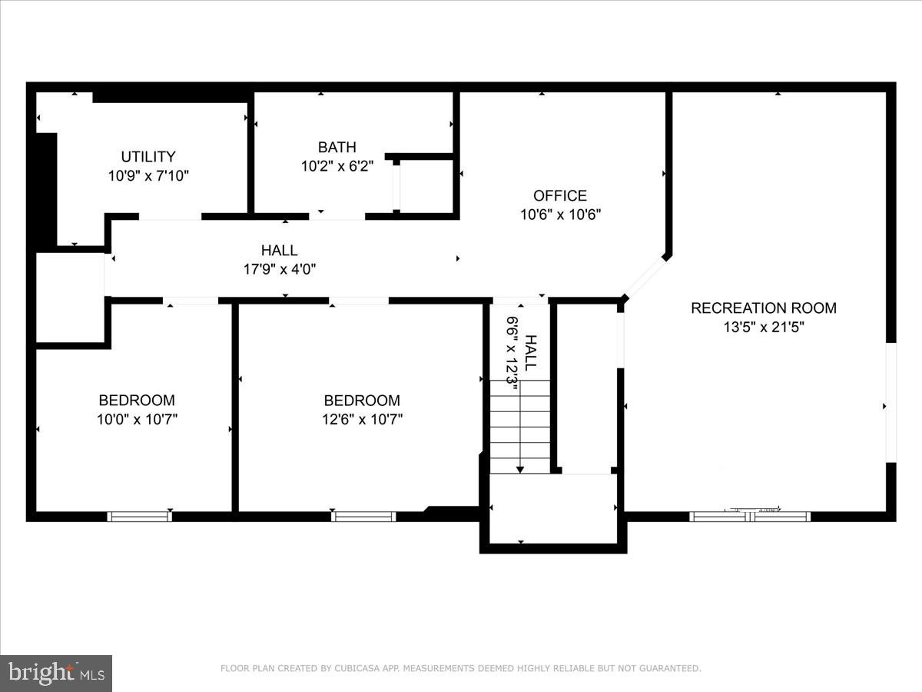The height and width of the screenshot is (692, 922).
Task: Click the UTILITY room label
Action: [x=148, y=156]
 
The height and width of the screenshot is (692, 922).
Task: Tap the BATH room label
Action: [x=337, y=147]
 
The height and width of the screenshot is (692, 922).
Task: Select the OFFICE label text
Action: [x=560, y=195]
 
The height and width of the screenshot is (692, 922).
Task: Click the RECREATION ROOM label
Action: [x=763, y=308]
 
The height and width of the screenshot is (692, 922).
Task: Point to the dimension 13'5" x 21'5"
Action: [x=763, y=327]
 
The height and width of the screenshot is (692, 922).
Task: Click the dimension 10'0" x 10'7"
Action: [x=137, y=419]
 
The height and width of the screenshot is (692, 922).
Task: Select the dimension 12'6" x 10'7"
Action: [x=362, y=419]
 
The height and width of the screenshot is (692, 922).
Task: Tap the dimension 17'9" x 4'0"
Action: [x=279, y=269]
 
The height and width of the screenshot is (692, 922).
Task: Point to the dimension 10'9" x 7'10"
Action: [x=148, y=175]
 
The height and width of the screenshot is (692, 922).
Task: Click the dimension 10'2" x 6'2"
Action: [x=337, y=166]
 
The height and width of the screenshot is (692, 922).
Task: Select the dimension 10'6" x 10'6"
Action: [x=560, y=215]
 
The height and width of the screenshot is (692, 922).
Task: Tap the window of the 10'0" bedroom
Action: [x=139, y=517]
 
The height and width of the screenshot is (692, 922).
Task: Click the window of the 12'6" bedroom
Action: [x=363, y=517]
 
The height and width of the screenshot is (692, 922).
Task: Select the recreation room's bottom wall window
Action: [x=750, y=517]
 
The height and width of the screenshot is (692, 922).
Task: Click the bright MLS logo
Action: [x=56, y=673]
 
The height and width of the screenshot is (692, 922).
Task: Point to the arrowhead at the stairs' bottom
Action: [x=520, y=469]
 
